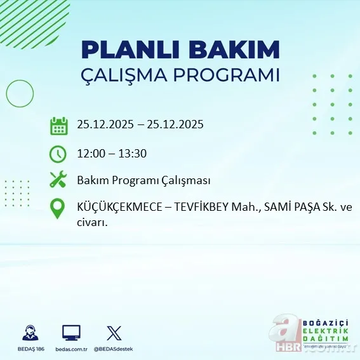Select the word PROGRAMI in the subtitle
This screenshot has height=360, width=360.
(x=232, y=75)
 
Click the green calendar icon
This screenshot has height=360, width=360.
(x=58, y=126)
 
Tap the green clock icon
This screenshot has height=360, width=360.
(x=58, y=153)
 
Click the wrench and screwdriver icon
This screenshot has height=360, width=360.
(x=58, y=180)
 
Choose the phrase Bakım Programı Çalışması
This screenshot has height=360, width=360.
(x=143, y=181)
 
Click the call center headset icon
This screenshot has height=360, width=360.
(x=29, y=333)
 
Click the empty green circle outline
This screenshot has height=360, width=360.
(x=20, y=94)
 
